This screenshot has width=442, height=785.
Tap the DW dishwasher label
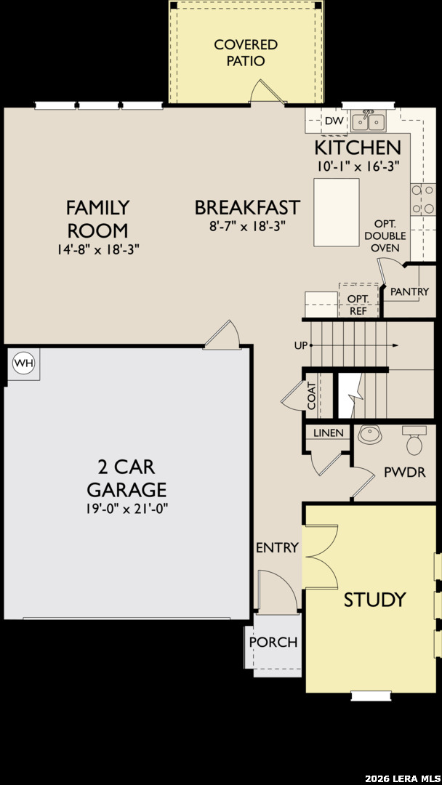[333, 121]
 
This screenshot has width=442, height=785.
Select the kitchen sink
[368, 121]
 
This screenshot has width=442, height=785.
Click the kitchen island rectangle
[337, 212]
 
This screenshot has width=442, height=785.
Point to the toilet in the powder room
[414, 440]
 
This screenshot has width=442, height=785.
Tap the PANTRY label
[409, 291]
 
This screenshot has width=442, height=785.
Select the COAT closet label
[311, 396]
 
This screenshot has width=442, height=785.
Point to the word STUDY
[374, 599]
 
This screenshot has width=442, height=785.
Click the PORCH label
[273, 642]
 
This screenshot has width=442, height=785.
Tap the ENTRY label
[277, 548]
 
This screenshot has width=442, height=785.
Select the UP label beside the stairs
[301, 345]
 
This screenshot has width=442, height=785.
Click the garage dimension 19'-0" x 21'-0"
[126, 510]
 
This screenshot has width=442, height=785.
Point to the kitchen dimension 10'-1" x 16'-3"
[358, 166]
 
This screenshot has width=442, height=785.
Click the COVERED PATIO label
[246, 52]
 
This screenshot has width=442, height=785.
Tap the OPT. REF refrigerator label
[358, 305]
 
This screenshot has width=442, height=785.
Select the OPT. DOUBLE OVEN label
[385, 235]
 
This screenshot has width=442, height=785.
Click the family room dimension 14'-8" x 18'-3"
[97, 249]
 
